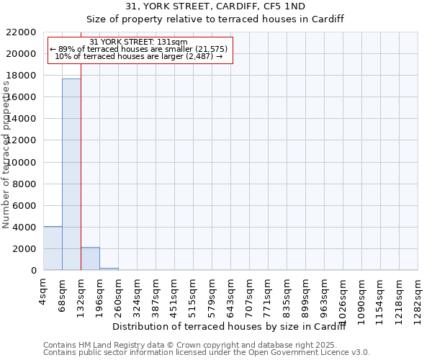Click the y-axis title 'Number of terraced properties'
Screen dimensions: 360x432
click(x=6, y=155)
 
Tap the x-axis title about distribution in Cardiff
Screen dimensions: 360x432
click(x=230, y=328)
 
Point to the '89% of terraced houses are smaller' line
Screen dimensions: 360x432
click(x=139, y=49)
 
